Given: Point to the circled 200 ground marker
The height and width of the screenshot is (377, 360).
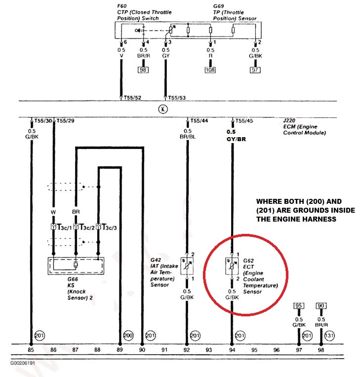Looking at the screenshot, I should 128,336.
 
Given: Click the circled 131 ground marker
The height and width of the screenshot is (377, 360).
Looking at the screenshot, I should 330,336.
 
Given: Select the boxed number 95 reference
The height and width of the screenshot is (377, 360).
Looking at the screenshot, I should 299,306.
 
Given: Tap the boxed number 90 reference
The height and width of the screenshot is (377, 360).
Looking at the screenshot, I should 321,306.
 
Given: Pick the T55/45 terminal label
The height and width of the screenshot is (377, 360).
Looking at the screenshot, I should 242,120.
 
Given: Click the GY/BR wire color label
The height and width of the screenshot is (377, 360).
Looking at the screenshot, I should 237,140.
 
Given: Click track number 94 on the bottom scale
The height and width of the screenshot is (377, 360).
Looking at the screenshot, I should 232,350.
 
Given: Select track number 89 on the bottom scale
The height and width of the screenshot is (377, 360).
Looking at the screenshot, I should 120,350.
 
